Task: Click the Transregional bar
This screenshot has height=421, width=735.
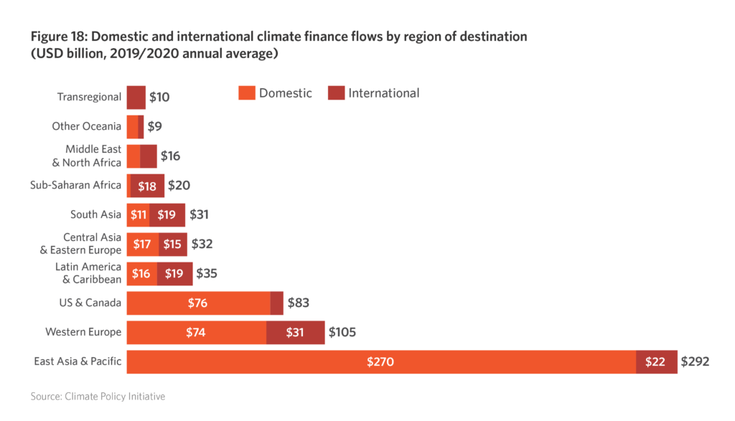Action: click(136, 97)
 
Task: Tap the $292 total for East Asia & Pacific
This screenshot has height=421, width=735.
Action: click(695, 362)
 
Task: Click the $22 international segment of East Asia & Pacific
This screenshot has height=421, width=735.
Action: click(655, 362)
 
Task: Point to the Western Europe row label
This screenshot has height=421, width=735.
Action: click(83, 332)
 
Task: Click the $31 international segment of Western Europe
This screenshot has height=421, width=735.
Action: click(295, 333)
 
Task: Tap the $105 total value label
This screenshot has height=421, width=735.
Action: click(342, 333)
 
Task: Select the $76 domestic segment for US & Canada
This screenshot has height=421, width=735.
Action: click(197, 303)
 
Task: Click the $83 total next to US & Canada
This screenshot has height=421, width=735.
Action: click(299, 303)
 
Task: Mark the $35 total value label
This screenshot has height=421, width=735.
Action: click(207, 273)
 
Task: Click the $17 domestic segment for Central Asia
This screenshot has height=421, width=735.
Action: click(142, 244)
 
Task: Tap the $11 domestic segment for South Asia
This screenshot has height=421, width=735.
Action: click(139, 214)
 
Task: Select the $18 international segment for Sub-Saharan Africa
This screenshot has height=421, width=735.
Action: click(147, 185)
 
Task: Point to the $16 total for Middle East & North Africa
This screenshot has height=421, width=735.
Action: click(170, 156)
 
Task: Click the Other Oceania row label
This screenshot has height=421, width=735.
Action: click(86, 126)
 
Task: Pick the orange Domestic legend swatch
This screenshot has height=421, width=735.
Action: click(246, 93)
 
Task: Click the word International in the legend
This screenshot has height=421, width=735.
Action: click(383, 93)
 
